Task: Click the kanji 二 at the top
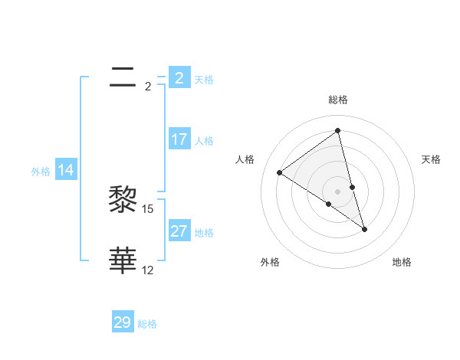[123, 77]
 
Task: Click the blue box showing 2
[179, 78]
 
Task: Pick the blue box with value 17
[179, 139]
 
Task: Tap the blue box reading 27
[179, 231]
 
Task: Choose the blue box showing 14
[65, 171]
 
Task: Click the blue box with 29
[123, 322]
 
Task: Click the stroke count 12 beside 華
[148, 270]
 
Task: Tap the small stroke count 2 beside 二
[148, 87]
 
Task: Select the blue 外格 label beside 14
[41, 172]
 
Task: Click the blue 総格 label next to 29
[147, 324]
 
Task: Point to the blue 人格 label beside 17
[204, 141]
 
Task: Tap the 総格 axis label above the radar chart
[337, 100]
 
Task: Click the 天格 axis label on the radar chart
[431, 159]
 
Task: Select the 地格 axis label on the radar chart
[402, 262]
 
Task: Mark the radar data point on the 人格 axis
[279, 172]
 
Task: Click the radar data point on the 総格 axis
[337, 130]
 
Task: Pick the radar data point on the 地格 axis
[364, 228]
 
